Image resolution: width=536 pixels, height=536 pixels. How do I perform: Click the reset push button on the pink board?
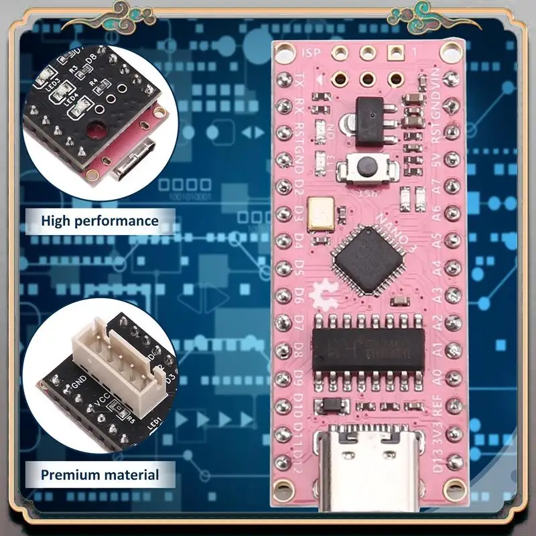pyautogui.click(x=366, y=168)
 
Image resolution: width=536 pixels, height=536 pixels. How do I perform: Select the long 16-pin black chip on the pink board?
pyautogui.click(x=368, y=348)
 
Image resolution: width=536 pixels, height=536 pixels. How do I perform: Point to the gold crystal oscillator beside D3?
pyautogui.click(x=319, y=212)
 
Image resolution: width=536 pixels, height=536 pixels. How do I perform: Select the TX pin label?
pyautogui.click(x=299, y=82)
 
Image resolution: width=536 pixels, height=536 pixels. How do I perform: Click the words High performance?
pyautogui.click(x=100, y=220)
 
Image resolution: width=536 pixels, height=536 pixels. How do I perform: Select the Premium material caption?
pyautogui.click(x=100, y=475)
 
